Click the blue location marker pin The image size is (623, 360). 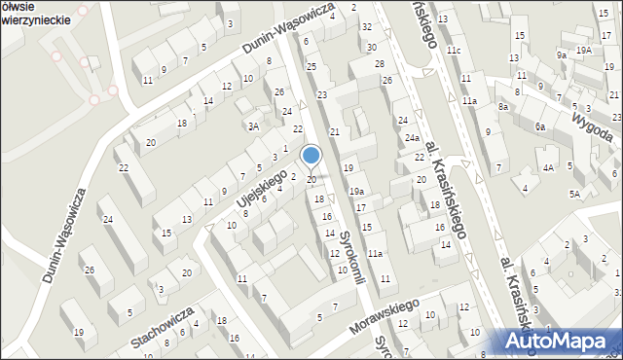click(311, 156)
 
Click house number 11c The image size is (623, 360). click(453, 50)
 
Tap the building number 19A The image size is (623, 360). click(583, 50)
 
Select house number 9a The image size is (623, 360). click(562, 55)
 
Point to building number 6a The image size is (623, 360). click(539, 126)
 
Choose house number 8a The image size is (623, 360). click(503, 106)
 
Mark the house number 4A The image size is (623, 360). click(548, 167)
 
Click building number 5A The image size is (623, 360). click(575, 194)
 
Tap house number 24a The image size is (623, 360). click(413, 138)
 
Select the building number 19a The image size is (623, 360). click(357, 191)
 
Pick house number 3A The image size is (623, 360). click(253, 126)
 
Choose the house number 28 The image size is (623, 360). click(380, 63)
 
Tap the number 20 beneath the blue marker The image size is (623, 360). click(311, 180)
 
